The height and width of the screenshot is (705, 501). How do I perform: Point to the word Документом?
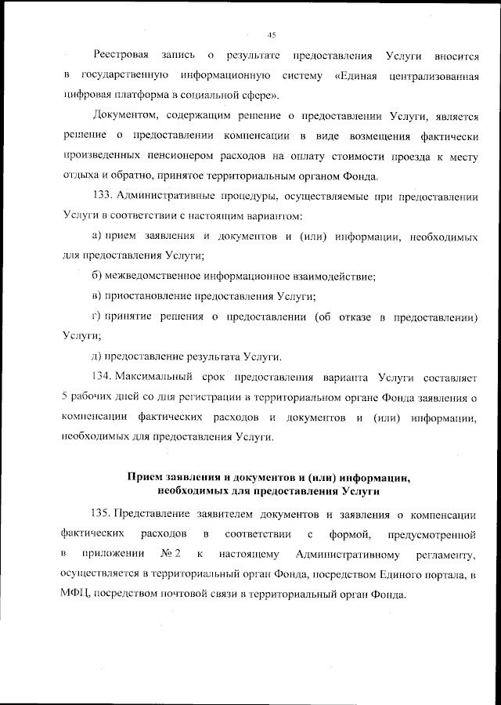(124, 117)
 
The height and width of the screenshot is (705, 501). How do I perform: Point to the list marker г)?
(97, 316)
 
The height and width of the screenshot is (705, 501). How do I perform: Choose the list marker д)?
(98, 356)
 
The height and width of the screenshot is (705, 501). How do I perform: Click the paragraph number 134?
(105, 377)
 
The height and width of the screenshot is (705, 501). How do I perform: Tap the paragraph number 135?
(105, 514)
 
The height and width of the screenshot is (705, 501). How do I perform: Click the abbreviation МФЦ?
(75, 595)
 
